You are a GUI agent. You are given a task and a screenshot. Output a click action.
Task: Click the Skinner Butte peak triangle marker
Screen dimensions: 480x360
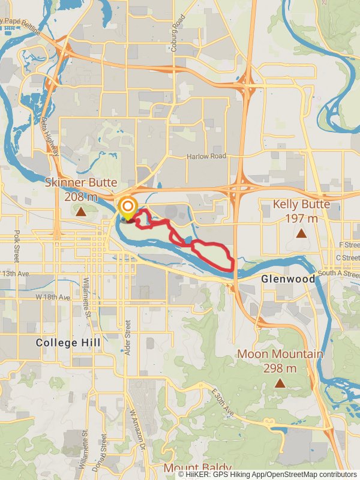click(80, 211)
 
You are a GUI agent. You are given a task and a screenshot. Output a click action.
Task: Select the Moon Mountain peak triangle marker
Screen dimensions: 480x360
click(280, 382)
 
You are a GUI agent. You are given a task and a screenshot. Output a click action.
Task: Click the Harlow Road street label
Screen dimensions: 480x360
click(206, 156)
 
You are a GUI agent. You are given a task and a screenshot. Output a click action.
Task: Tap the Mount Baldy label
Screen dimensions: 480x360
click(197, 467)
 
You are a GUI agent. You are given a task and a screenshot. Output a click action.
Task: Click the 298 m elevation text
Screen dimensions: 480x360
click(280, 368)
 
